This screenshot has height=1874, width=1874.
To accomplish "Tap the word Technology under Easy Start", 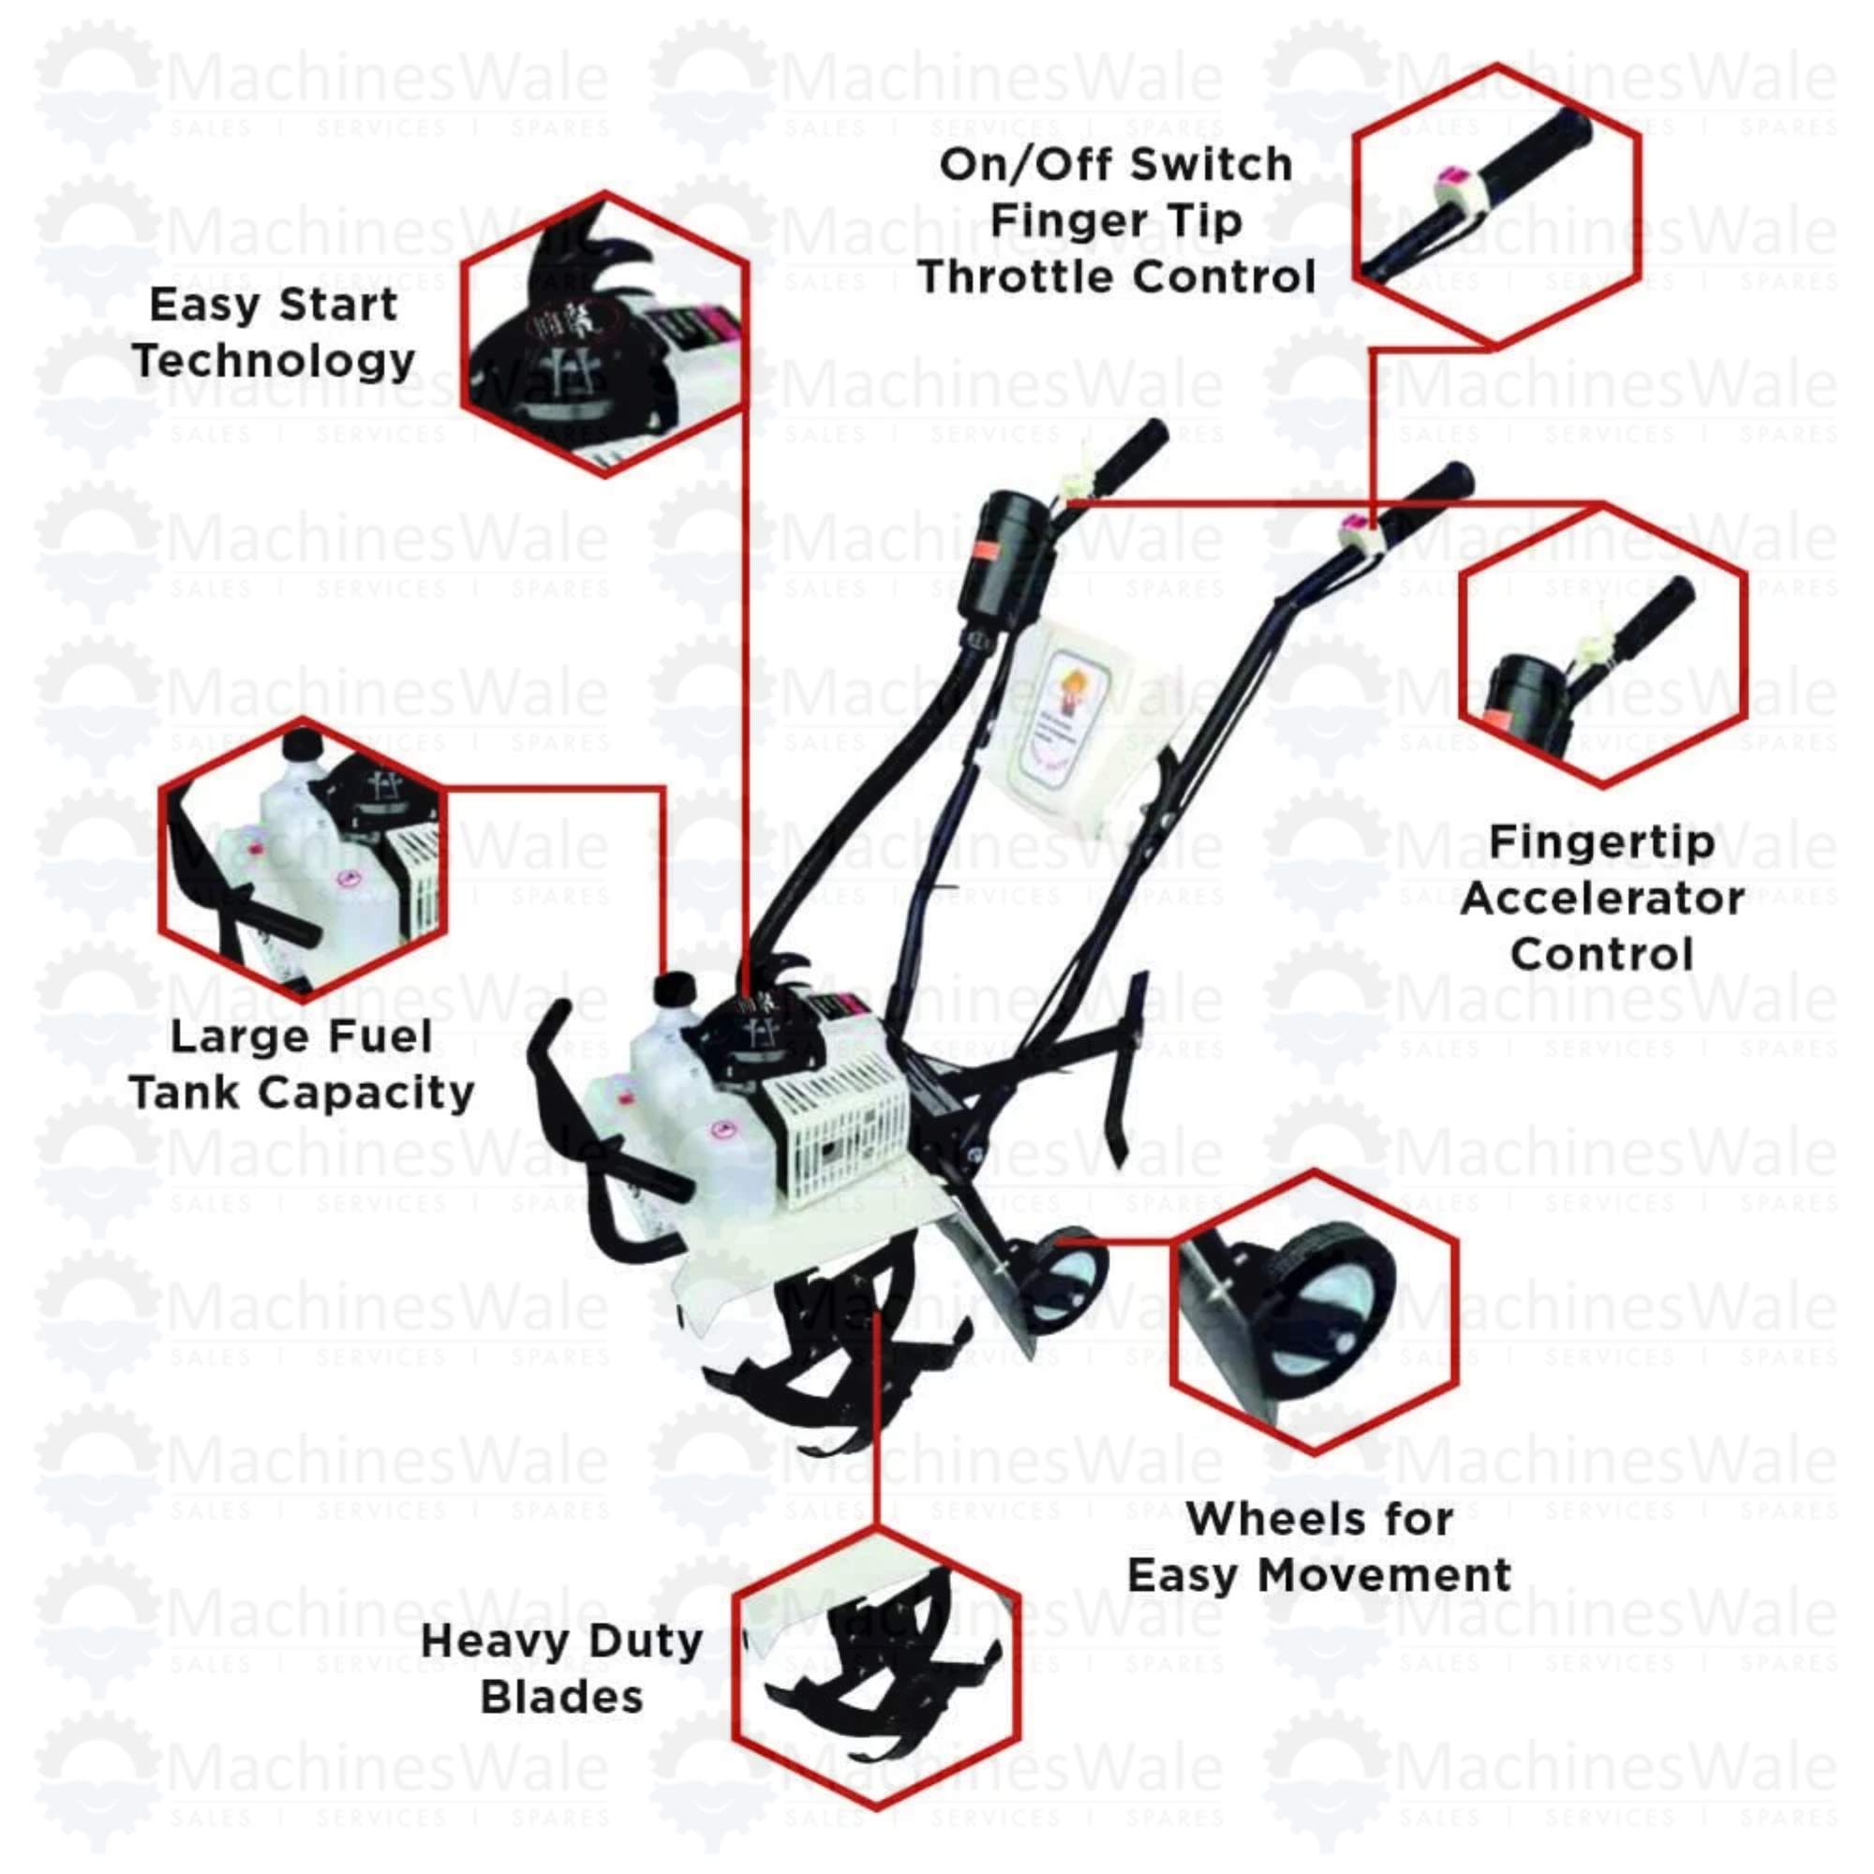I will tap(275, 361).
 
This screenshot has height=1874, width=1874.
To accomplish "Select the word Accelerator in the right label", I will tap(1601, 899).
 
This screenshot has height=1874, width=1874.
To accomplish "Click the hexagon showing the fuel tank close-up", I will tap(303, 859).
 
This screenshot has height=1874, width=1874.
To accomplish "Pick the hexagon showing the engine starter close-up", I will tap(604, 335).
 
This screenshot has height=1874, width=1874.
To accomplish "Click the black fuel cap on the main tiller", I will tap(675, 989).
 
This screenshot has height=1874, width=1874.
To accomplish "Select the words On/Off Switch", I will tap(1115, 165).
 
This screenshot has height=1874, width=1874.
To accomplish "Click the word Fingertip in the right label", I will tap(1601, 842).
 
